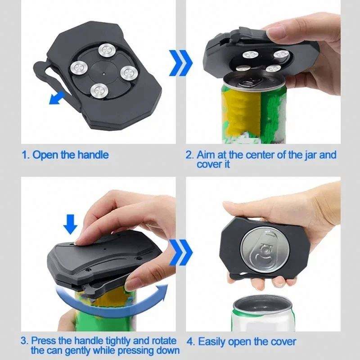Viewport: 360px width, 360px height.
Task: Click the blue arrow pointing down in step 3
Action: click(x=70, y=224)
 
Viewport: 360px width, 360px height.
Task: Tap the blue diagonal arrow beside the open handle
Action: click(x=57, y=98)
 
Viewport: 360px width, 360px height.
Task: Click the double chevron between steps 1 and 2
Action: click(x=181, y=63)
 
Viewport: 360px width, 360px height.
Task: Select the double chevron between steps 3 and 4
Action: click(x=181, y=252)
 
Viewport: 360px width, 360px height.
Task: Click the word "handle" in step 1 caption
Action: click(x=93, y=155)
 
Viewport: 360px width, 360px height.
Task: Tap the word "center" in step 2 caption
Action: click(x=261, y=155)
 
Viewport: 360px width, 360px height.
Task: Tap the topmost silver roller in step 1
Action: click(x=107, y=49)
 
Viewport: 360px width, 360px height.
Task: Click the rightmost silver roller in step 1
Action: click(x=129, y=72)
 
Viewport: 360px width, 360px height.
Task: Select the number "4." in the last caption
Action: click(x=190, y=342)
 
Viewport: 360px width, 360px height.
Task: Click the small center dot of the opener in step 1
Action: click(x=104, y=74)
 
